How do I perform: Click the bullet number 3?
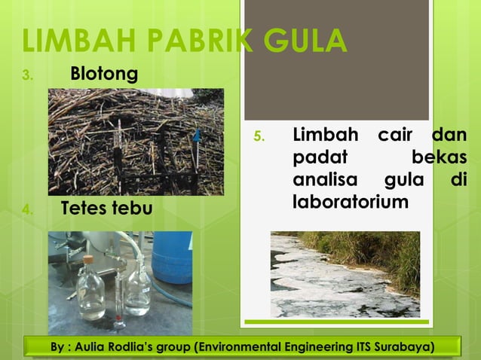click(28, 75)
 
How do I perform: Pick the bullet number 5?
click(258, 137)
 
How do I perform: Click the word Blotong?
click(104, 75)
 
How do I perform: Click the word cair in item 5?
click(398, 136)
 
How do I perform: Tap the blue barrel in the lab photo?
click(173, 256)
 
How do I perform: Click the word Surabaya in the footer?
click(405, 347)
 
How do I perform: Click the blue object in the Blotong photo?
click(197, 135)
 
